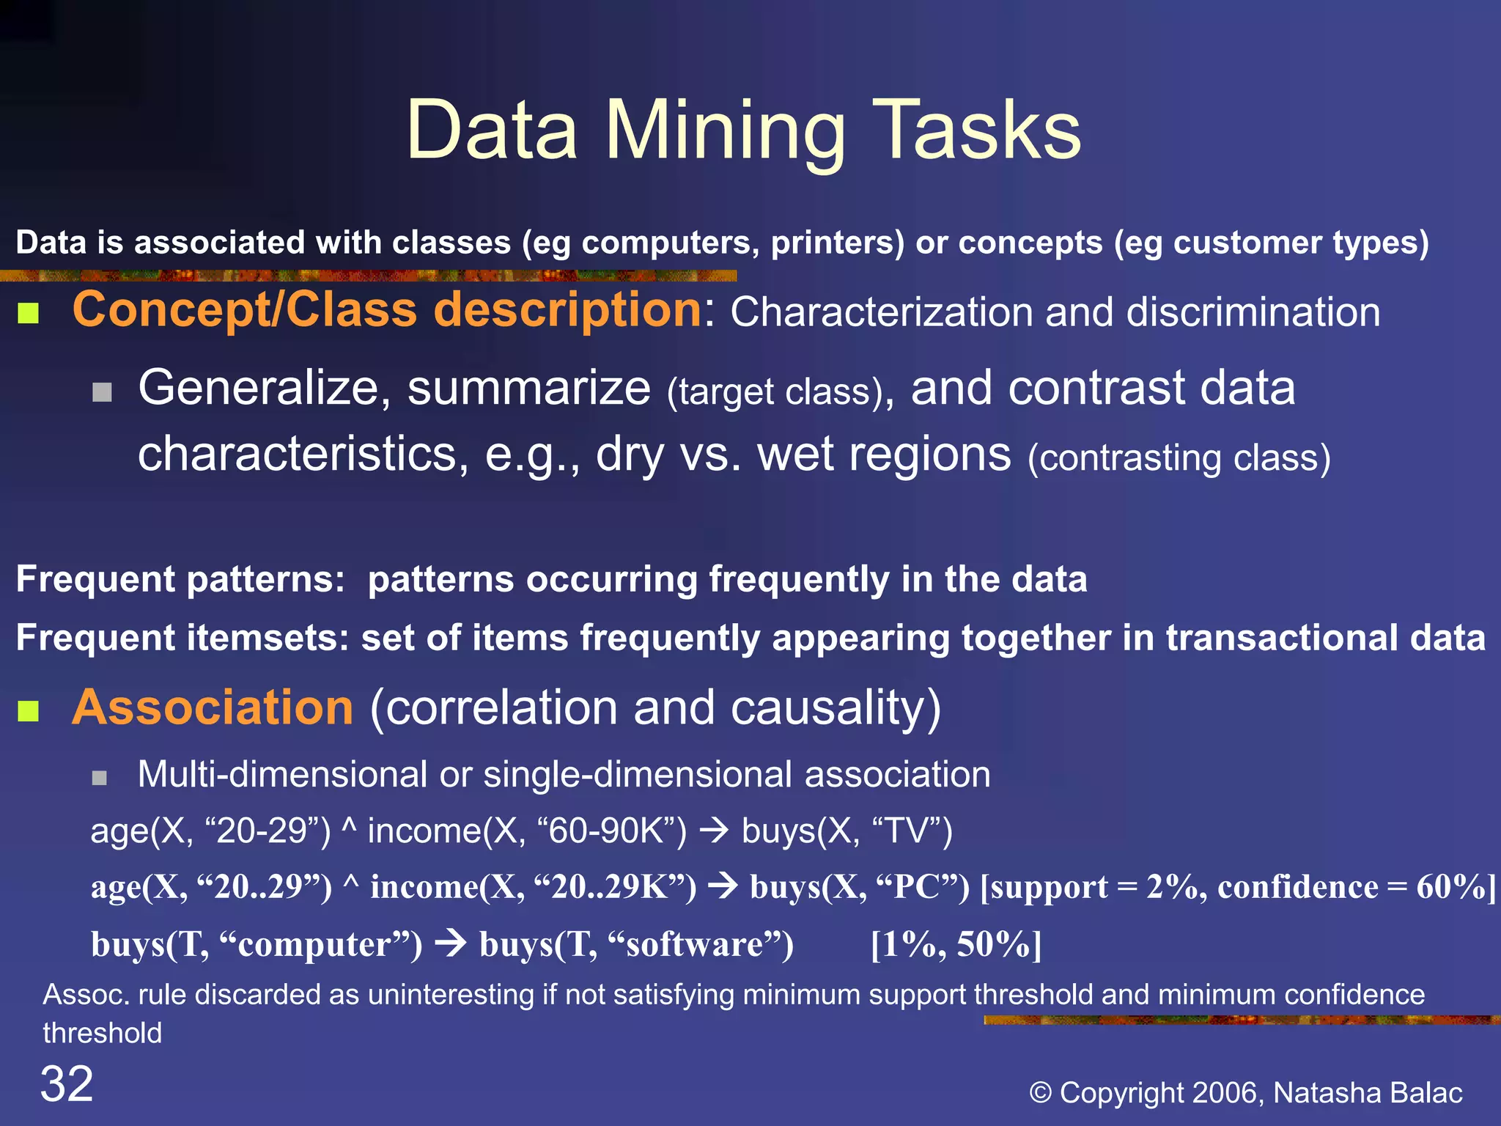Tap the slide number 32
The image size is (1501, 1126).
[67, 1083]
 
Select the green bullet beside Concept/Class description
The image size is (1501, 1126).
[28, 314]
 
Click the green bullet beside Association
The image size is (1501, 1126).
[28, 710]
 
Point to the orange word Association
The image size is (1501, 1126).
[213, 707]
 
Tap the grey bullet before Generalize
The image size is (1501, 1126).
[102, 392]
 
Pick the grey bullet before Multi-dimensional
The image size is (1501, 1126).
[100, 777]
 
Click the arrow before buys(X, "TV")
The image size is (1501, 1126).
[713, 831]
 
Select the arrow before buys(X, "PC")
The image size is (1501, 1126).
[723, 886]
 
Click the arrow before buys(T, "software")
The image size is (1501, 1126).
[451, 943]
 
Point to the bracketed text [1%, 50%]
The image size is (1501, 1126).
[956, 943]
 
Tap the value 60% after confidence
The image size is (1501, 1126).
[1450, 886]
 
